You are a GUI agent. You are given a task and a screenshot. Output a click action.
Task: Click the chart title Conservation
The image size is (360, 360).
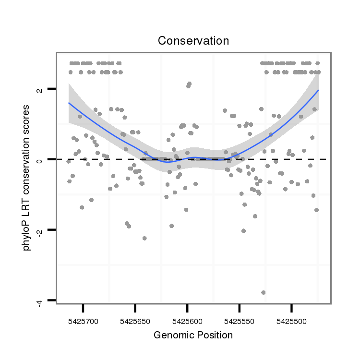pyautogui.click(x=193, y=41)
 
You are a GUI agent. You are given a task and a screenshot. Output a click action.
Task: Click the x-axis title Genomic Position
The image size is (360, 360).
pyautogui.click(x=193, y=335)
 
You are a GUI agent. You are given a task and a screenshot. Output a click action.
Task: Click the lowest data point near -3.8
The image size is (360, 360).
pyautogui.click(x=263, y=292)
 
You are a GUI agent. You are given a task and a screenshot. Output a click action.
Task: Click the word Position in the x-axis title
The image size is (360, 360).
pyautogui.click(x=215, y=335)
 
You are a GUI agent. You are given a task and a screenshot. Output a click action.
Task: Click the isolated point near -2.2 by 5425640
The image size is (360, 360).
pyautogui.click(x=144, y=238)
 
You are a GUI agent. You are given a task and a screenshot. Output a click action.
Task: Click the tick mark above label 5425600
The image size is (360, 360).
pyautogui.click(x=187, y=307)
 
